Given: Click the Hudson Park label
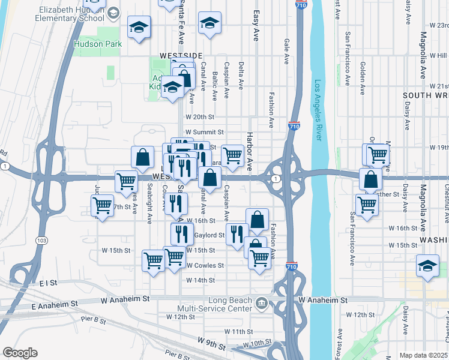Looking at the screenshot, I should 98,44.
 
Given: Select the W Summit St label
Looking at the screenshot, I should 204,132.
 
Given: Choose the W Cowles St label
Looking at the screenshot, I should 205,265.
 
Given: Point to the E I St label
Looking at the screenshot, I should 47,282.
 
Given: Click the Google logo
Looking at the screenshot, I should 20,353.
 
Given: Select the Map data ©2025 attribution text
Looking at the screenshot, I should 423,355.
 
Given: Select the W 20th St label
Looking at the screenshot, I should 200,117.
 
